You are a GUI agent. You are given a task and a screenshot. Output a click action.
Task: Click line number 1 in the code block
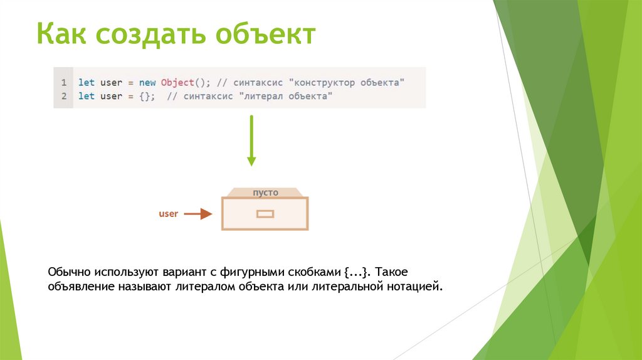click(x=64, y=82)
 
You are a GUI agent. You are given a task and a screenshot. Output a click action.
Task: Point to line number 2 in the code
click(x=64, y=96)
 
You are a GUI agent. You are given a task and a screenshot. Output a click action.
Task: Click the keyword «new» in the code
click(x=147, y=82)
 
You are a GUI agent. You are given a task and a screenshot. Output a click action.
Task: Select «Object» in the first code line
click(x=176, y=82)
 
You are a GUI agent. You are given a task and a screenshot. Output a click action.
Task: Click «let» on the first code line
click(x=87, y=82)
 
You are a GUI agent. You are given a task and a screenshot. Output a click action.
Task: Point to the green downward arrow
click(x=251, y=140)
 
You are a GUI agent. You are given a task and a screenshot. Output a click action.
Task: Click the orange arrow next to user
click(x=198, y=214)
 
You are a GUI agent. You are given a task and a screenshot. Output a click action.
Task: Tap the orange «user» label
click(x=169, y=214)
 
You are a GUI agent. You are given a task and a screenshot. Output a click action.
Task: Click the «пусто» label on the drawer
click(x=265, y=193)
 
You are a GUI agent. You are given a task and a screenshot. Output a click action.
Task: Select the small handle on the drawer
click(x=265, y=214)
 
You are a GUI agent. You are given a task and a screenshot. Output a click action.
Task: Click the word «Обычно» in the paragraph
click(x=69, y=273)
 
